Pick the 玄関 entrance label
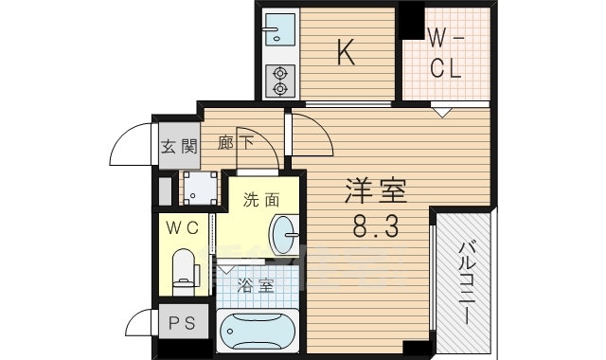(x=178, y=146)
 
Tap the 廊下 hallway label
(x=236, y=144)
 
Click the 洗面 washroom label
(x=260, y=200)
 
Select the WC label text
(x=183, y=227)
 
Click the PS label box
(x=181, y=323)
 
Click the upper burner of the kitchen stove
(x=280, y=72)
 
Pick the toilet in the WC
(x=184, y=266)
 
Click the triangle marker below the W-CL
(x=441, y=112)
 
